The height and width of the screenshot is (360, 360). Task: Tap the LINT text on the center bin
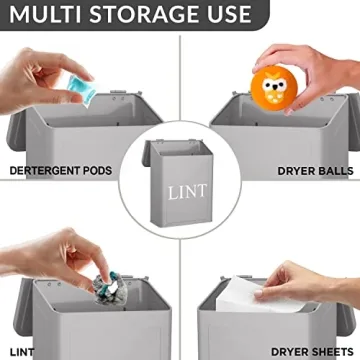tap(181, 191)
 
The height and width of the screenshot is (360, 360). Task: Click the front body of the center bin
tap(181, 205)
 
